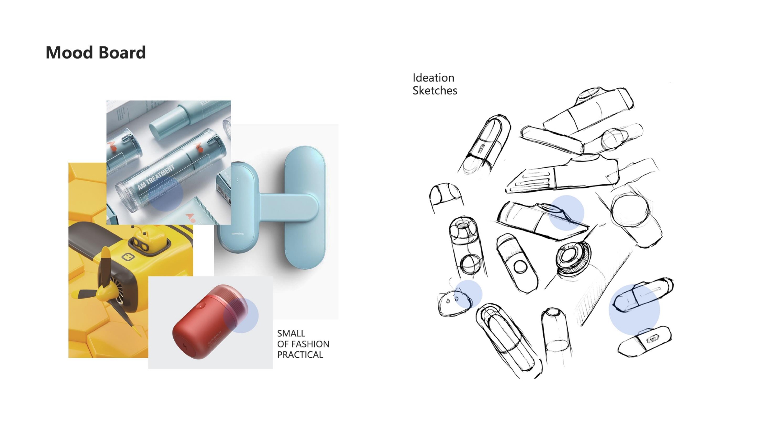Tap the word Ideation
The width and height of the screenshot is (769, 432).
[433, 78]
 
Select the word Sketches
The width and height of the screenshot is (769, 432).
[435, 91]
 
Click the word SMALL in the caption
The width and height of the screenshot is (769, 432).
[291, 333]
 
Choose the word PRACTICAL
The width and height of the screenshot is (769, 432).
[300, 355]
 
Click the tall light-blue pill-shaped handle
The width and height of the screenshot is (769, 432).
[305, 207]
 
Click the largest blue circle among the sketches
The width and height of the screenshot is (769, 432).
[634, 310]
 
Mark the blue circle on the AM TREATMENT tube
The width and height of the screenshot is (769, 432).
[166, 195]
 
